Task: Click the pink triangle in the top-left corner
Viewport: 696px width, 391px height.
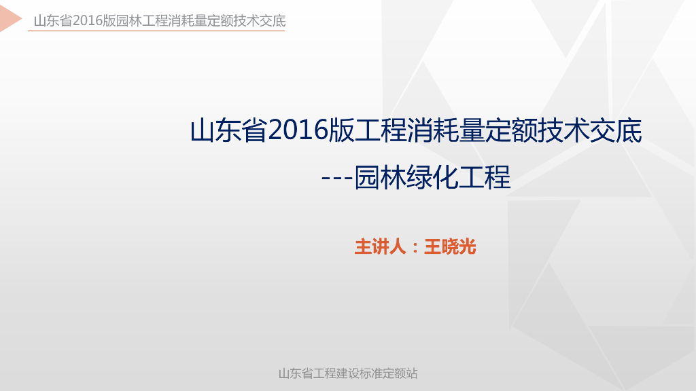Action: (10, 20)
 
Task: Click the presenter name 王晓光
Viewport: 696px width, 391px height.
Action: (450, 246)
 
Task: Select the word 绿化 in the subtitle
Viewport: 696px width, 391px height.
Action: (432, 178)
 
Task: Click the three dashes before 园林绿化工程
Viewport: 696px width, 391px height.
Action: (337, 179)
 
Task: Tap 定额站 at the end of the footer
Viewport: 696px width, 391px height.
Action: (400, 373)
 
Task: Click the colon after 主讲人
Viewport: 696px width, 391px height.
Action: (415, 247)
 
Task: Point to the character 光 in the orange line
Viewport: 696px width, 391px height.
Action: (468, 246)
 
